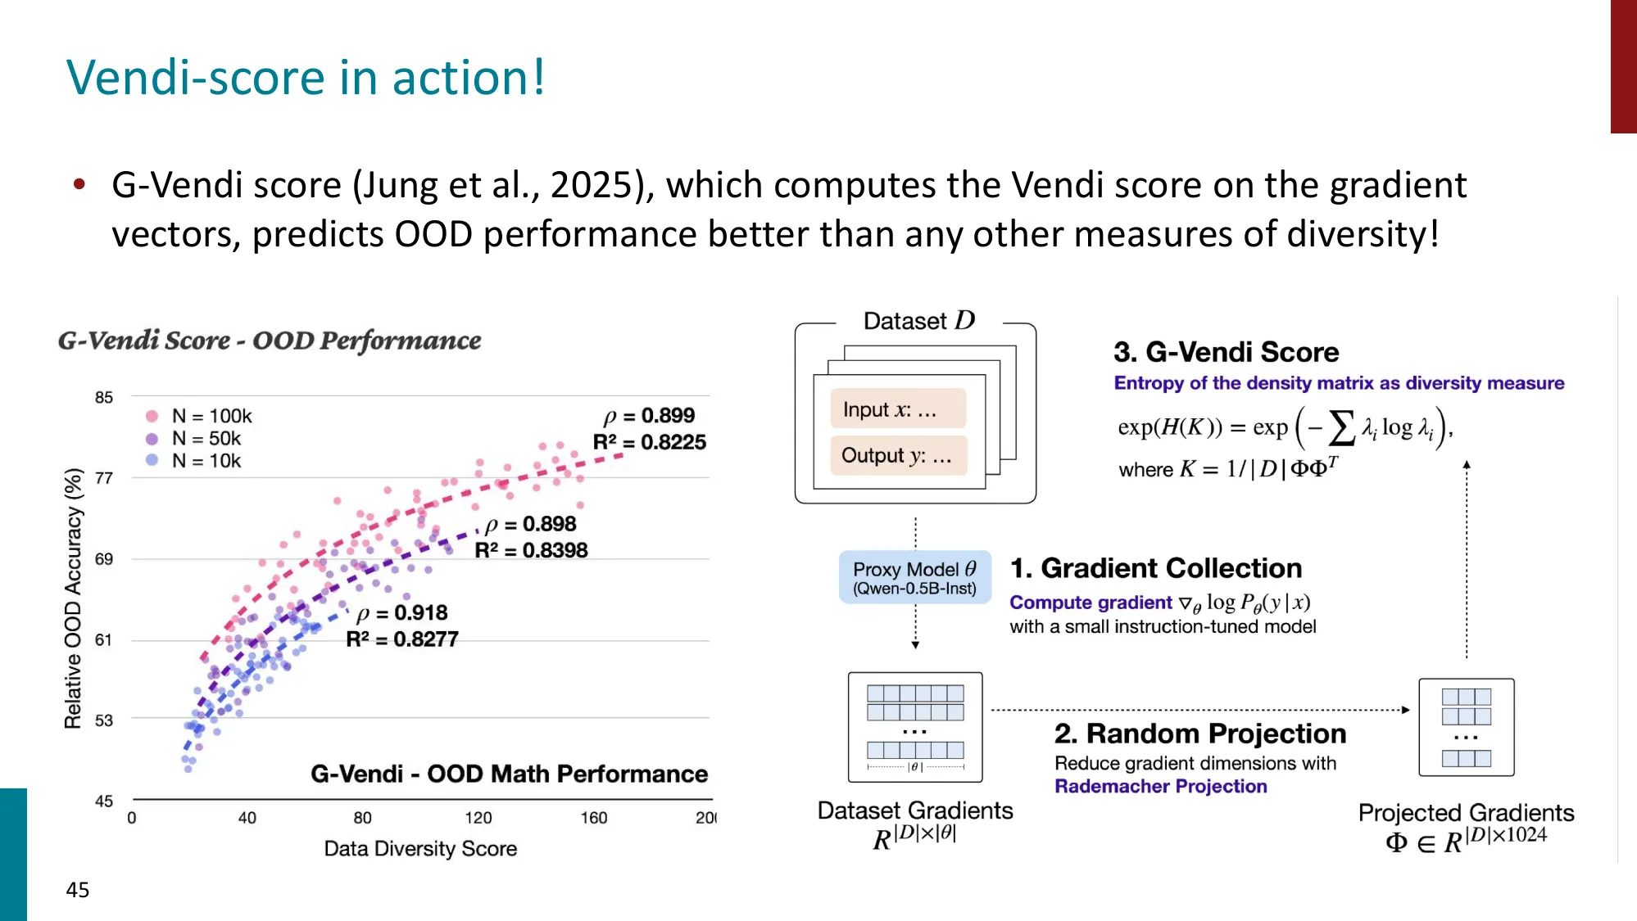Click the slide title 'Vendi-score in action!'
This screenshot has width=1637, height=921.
pos(306,78)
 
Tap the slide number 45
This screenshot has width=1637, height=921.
pos(78,890)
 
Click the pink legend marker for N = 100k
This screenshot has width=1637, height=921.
pos(152,416)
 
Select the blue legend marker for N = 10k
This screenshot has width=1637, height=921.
pos(152,460)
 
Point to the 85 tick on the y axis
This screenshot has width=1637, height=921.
pos(104,397)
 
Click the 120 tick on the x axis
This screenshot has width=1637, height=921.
pos(478,817)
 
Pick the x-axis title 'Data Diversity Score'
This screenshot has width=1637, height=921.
pos(420,848)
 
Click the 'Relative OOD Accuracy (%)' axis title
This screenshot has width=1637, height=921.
pos(74,598)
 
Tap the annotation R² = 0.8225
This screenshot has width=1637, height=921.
pos(650,442)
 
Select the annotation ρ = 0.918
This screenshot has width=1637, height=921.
pos(402,612)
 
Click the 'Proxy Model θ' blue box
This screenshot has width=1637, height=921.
pos(915,577)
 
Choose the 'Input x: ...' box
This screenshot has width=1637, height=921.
pos(898,409)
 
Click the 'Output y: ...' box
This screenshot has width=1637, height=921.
pos(898,455)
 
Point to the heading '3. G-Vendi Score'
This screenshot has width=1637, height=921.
pos(1227,352)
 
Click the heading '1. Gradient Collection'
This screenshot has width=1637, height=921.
pos(1156,568)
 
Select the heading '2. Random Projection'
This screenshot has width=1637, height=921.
pos(1200,734)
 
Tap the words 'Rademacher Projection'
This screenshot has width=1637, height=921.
pos(1161,786)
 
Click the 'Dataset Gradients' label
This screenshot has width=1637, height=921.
pos(915,810)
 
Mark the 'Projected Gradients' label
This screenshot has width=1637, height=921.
pos(1467,813)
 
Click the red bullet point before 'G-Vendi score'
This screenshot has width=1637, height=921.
pos(79,184)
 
